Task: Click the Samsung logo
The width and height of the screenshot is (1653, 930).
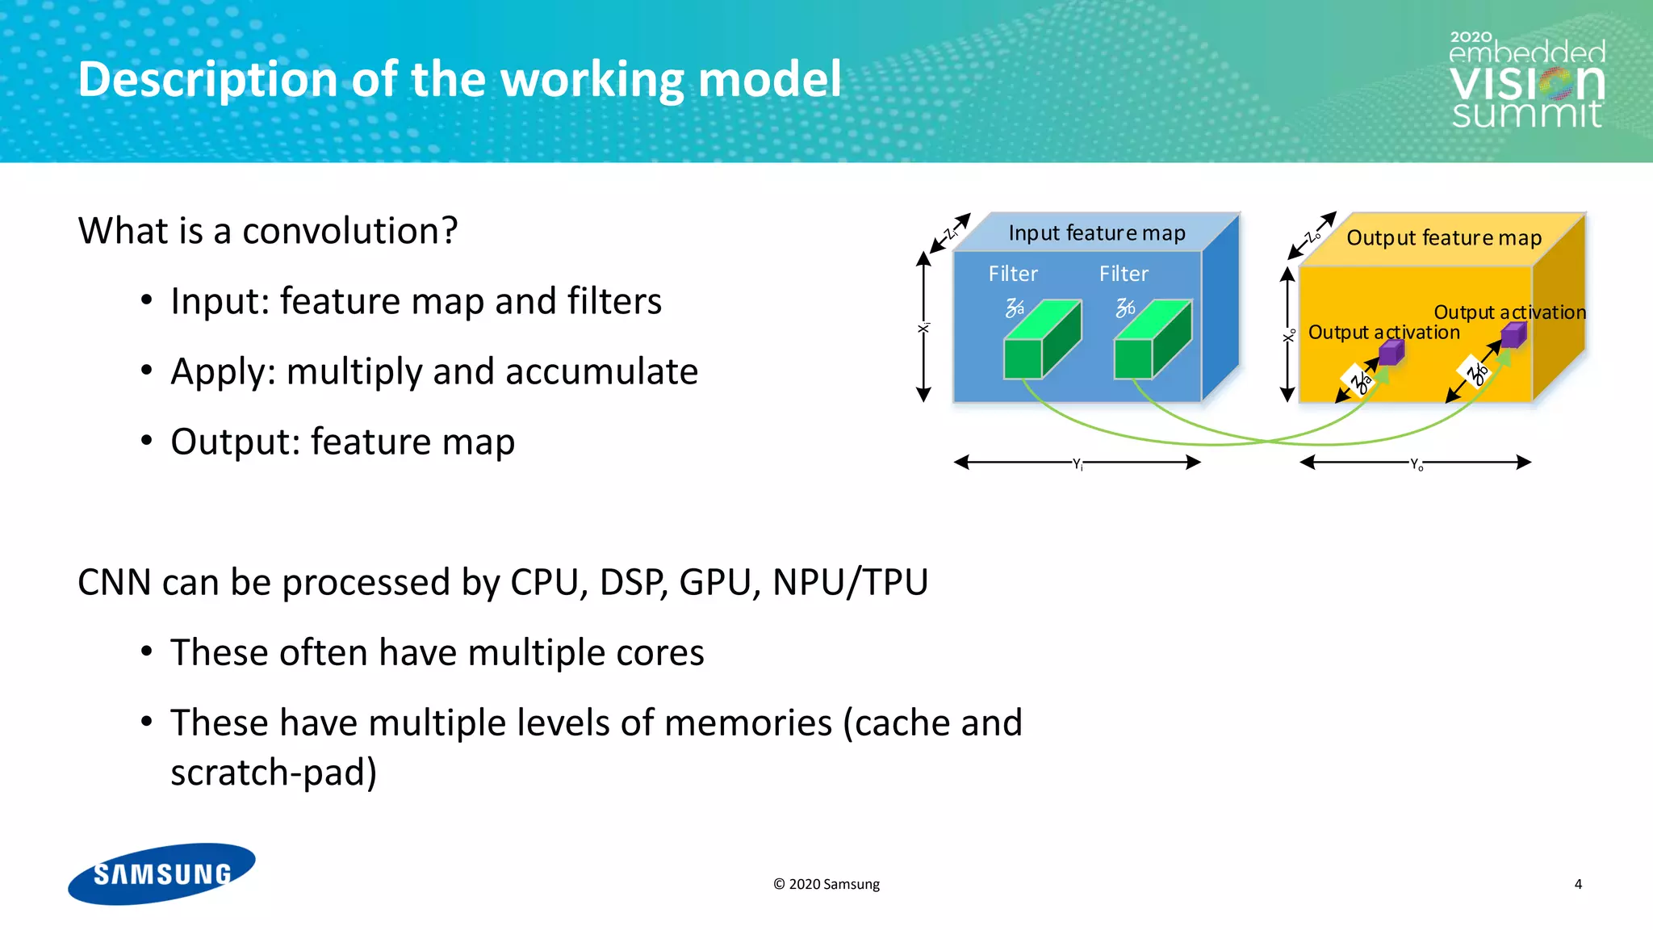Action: click(x=161, y=874)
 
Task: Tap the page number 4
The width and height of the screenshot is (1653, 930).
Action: click(x=1578, y=884)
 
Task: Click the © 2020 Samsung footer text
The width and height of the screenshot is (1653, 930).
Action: click(x=826, y=884)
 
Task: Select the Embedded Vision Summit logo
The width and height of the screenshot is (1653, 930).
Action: click(x=1526, y=81)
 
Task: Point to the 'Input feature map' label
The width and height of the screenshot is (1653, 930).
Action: click(x=1096, y=233)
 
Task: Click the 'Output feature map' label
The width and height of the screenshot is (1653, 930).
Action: click(x=1443, y=238)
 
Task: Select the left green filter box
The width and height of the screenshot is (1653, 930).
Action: click(x=1041, y=340)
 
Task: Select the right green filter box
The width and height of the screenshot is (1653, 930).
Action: click(x=1152, y=340)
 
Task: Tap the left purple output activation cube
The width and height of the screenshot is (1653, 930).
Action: click(x=1391, y=352)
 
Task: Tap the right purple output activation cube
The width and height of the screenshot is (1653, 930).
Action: click(x=1513, y=334)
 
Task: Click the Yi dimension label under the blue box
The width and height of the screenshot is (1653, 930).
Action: click(x=1078, y=463)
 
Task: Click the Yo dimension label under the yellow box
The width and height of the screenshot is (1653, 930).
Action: click(x=1417, y=464)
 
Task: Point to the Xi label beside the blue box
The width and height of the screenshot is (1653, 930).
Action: click(x=924, y=328)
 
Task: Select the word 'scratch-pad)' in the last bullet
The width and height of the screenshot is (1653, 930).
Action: click(x=274, y=773)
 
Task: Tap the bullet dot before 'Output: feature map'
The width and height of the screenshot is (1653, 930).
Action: click(x=146, y=441)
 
